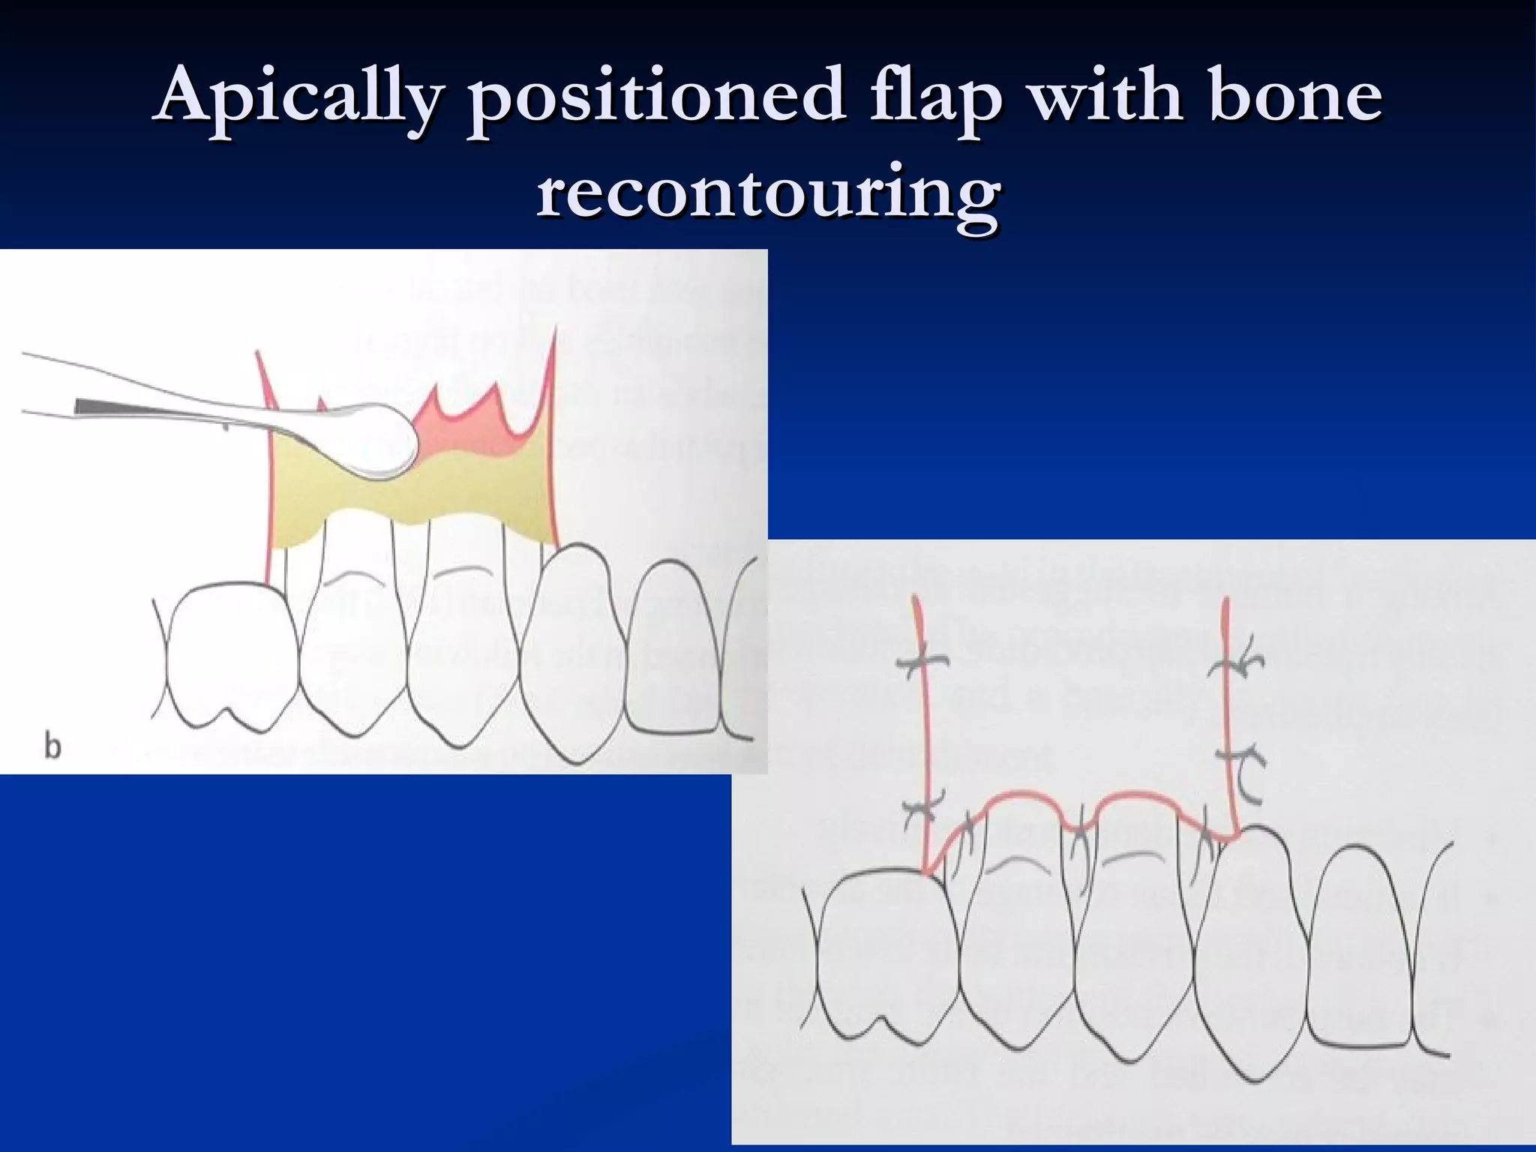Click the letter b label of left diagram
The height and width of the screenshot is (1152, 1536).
[52, 747]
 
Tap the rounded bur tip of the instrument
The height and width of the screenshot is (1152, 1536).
[375, 442]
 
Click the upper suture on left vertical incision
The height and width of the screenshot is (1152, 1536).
[921, 661]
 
